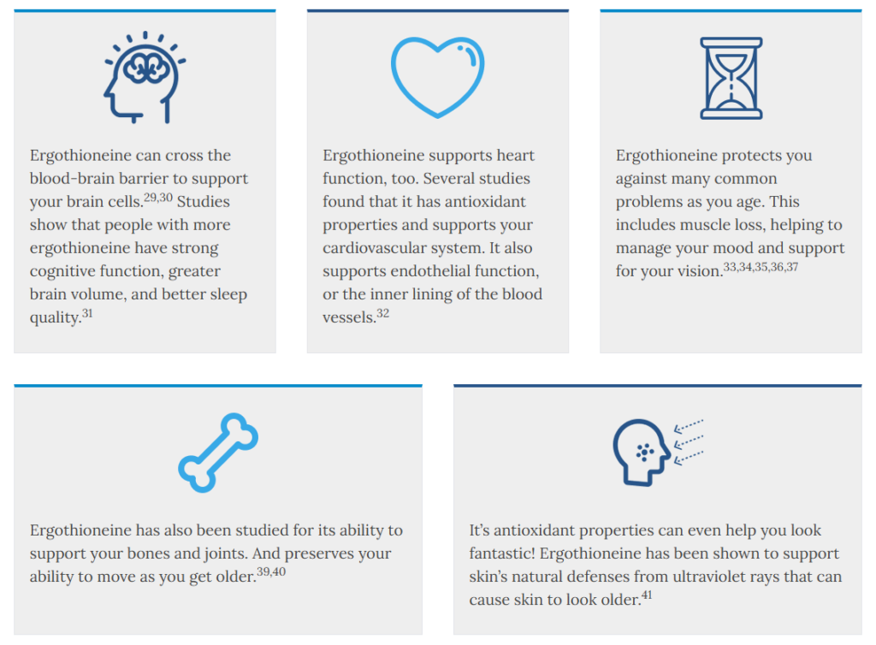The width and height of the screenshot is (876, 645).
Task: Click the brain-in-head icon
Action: [144, 78]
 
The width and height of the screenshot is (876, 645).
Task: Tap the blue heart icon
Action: [437, 77]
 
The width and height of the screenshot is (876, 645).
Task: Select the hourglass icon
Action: [731, 78]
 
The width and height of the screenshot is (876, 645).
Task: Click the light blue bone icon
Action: [218, 453]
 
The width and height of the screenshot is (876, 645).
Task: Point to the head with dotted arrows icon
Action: [658, 453]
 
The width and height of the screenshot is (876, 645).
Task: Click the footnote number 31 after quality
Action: [87, 313]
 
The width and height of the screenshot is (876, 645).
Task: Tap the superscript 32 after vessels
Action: [382, 313]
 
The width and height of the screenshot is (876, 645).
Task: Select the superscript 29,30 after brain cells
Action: [158, 198]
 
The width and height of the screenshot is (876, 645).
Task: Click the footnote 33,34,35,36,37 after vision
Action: [761, 267]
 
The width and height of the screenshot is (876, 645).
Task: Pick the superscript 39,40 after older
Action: [271, 571]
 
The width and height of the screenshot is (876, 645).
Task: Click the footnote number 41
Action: [647, 595]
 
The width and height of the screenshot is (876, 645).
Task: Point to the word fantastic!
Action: [502, 553]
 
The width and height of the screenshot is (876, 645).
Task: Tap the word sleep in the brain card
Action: [228, 295]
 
